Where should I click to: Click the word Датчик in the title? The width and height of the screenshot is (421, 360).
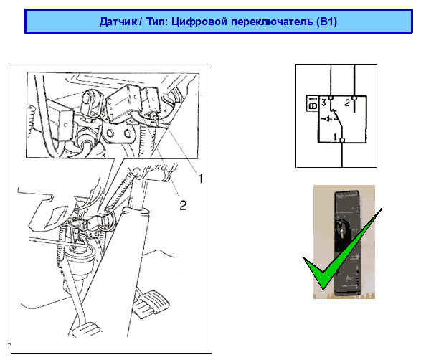click(118, 22)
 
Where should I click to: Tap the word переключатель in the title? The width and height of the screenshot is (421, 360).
click(272, 22)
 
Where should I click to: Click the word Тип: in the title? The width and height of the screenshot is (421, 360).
click(157, 22)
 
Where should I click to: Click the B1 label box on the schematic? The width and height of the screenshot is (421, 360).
click(312, 103)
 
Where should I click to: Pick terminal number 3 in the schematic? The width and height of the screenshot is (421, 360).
click(323, 103)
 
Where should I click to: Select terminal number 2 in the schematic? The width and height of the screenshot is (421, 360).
click(347, 103)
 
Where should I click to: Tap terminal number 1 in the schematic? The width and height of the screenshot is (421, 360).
click(335, 137)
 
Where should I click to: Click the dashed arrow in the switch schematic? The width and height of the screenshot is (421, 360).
click(329, 118)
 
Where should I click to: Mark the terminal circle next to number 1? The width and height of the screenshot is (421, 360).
click(342, 140)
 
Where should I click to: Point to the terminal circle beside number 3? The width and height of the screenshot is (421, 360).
click(331, 98)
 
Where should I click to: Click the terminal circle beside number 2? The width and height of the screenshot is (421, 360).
click(354, 98)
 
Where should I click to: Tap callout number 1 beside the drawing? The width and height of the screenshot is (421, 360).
click(201, 179)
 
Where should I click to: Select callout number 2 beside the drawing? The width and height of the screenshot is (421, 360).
click(183, 205)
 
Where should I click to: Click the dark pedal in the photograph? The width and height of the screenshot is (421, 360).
click(347, 242)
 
